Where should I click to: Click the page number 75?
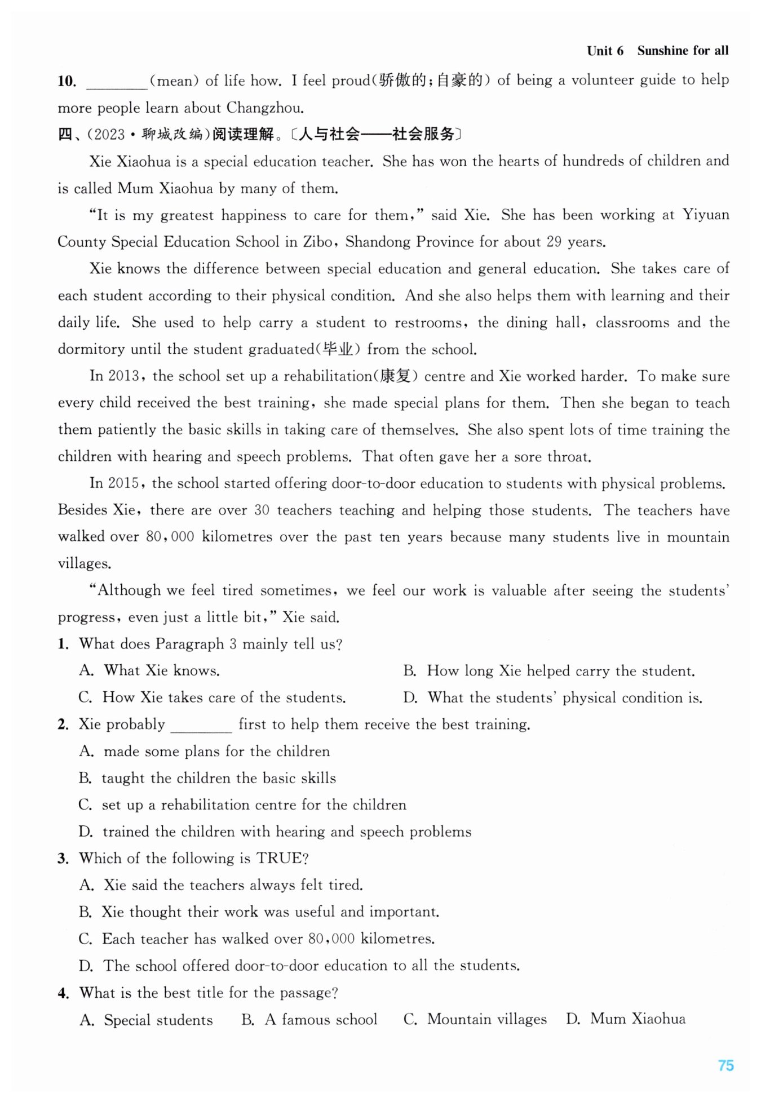[x=725, y=1065]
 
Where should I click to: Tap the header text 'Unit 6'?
[x=605, y=51]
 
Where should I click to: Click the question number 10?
[x=67, y=81]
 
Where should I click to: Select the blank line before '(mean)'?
[x=117, y=82]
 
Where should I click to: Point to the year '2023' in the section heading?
[x=109, y=135]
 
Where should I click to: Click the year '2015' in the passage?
[x=123, y=483]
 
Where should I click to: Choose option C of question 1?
[x=212, y=697]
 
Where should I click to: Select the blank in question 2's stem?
[x=201, y=726]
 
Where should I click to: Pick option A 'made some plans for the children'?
[x=205, y=752]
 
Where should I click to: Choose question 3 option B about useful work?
[x=259, y=912]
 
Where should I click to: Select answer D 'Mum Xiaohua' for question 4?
[x=626, y=1019]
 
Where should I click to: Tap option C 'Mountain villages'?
[x=475, y=1019]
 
